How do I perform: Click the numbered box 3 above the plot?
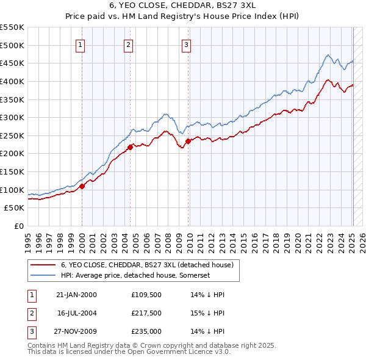point(186,43)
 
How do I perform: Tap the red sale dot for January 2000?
point(82,186)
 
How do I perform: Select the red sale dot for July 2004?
point(130,147)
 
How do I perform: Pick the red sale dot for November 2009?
point(188,141)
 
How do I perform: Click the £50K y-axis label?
point(15,208)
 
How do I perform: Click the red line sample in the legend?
point(44,265)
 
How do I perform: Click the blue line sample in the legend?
point(44,276)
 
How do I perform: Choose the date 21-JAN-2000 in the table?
point(76,295)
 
